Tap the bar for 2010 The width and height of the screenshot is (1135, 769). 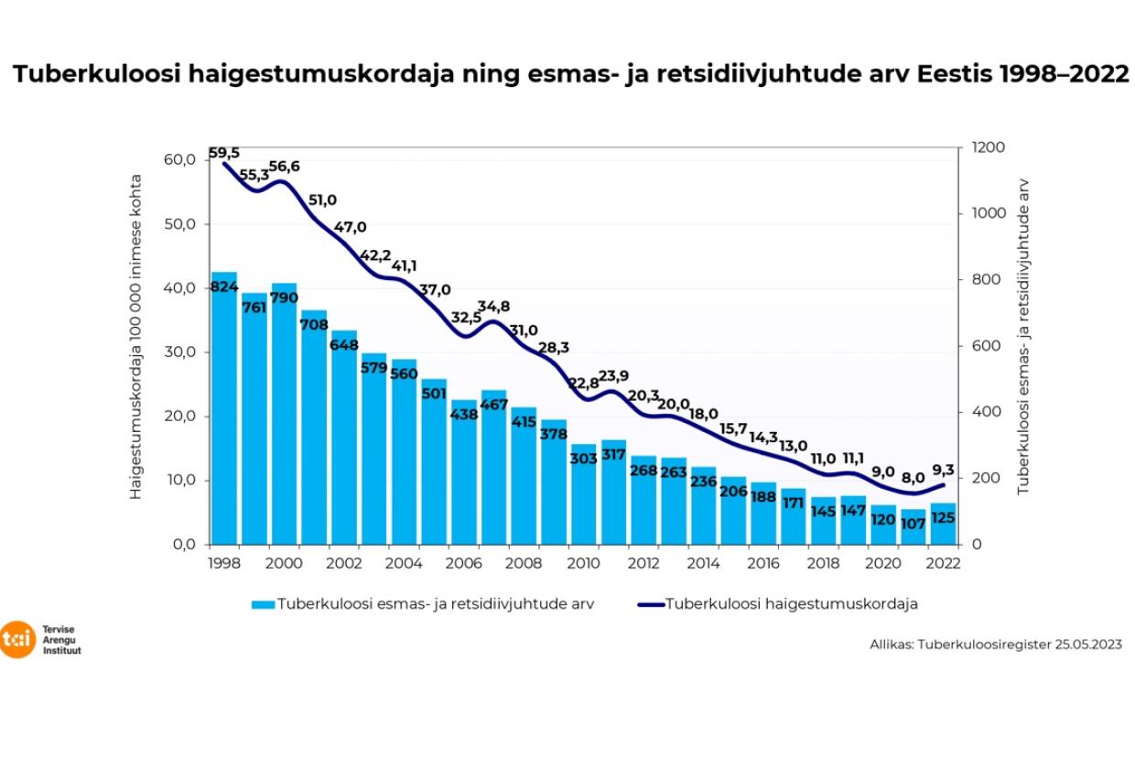583,494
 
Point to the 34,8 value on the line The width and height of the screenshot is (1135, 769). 493,306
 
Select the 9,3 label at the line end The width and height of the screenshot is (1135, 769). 942,469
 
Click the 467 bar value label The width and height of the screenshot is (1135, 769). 493,405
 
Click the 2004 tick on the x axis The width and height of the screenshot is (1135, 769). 404,564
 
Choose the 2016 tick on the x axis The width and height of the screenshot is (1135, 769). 763,564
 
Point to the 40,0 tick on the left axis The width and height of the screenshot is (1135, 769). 178,288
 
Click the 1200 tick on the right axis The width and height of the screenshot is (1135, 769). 988,147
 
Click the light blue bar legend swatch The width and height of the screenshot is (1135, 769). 262,604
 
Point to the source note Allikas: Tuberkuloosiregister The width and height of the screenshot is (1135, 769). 995,644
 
